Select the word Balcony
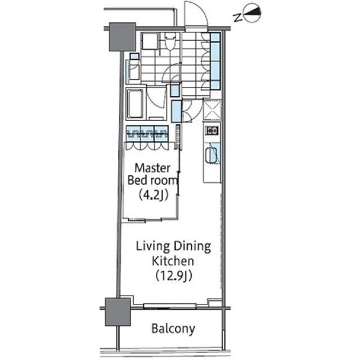(x=173, y=328)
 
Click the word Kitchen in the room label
(x=173, y=261)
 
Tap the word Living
(x=151, y=246)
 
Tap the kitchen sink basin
(x=211, y=155)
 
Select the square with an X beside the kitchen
(x=212, y=109)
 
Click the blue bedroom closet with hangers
(x=147, y=134)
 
